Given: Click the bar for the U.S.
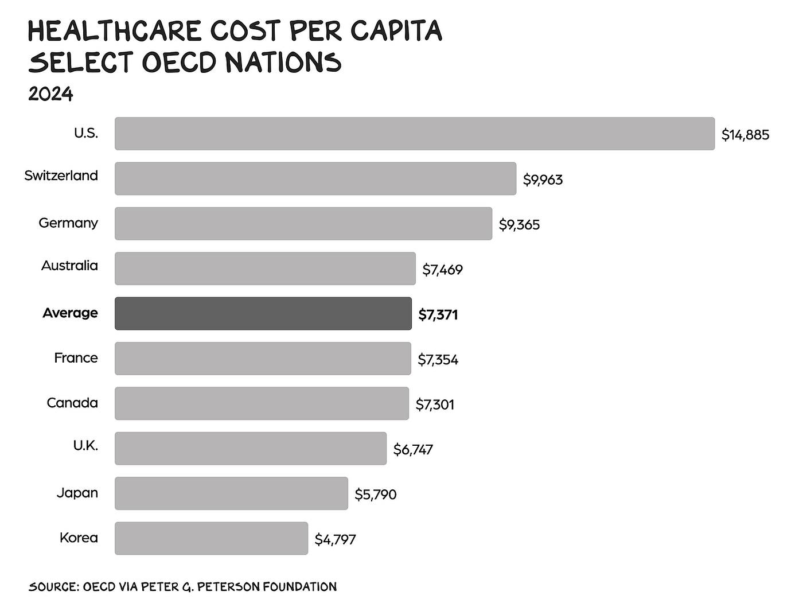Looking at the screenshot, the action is pyautogui.click(x=415, y=134).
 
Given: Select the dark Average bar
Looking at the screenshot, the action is pyautogui.click(x=263, y=313).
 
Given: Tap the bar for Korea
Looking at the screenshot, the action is pyautogui.click(x=212, y=538).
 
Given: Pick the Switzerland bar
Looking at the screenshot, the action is pyautogui.click(x=315, y=178).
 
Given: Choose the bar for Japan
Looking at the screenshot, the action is pyautogui.click(x=231, y=493).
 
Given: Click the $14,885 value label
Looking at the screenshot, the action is pyautogui.click(x=745, y=135).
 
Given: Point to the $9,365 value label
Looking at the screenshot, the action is pyautogui.click(x=519, y=225).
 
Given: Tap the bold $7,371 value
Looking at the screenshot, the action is pyautogui.click(x=438, y=314).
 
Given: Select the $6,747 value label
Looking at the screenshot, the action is pyautogui.click(x=412, y=449).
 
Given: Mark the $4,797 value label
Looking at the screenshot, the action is pyautogui.click(x=335, y=539).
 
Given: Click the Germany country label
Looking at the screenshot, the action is pyautogui.click(x=68, y=223).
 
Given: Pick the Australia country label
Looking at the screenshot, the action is pyautogui.click(x=69, y=265).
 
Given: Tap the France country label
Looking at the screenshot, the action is pyautogui.click(x=76, y=357).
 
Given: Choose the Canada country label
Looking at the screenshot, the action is pyautogui.click(x=72, y=403).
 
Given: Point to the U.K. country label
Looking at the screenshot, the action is pyautogui.click(x=85, y=445).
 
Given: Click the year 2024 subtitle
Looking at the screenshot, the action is pyautogui.click(x=50, y=94).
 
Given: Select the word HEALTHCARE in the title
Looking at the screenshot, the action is pyautogui.click(x=115, y=30).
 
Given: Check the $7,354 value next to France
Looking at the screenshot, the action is pyautogui.click(x=438, y=360).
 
